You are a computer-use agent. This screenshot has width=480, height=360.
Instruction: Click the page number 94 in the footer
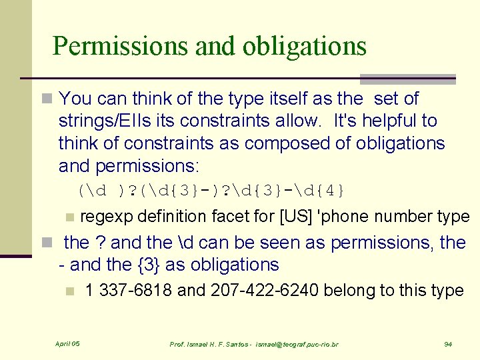point(448,344)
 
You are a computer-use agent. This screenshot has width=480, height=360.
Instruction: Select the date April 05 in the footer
point(67,344)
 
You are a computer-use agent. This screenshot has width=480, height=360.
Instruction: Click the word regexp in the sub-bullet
point(102,217)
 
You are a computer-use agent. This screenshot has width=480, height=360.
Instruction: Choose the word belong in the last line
point(357,291)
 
